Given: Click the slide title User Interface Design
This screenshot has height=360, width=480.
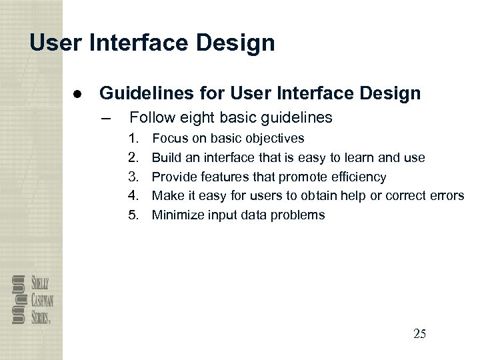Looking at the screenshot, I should coord(152,43).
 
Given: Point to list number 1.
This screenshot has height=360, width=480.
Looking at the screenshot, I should coord(134,139).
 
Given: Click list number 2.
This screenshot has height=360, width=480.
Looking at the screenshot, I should coord(134,158).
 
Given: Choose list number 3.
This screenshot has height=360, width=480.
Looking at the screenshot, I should coord(134,177).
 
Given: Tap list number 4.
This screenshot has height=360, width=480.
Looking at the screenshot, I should coord(134,195).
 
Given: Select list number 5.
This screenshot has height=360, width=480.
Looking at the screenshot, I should coord(134,215).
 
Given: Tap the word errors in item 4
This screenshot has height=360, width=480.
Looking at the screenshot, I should coord(447,195).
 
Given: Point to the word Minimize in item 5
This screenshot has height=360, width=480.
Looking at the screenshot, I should coord(175,215).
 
